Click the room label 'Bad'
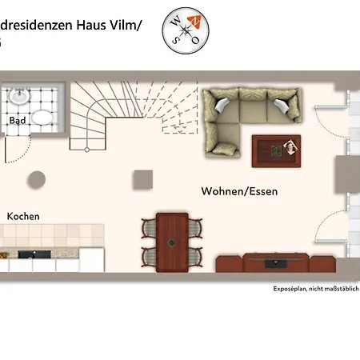[x=16, y=121]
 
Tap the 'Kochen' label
[x=23, y=216]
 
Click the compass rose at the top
[x=185, y=31]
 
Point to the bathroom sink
[x=20, y=98]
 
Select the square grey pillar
[x=143, y=179]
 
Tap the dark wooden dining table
[x=172, y=240]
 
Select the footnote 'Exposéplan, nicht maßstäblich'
[x=316, y=288]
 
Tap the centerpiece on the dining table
[x=171, y=241]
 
